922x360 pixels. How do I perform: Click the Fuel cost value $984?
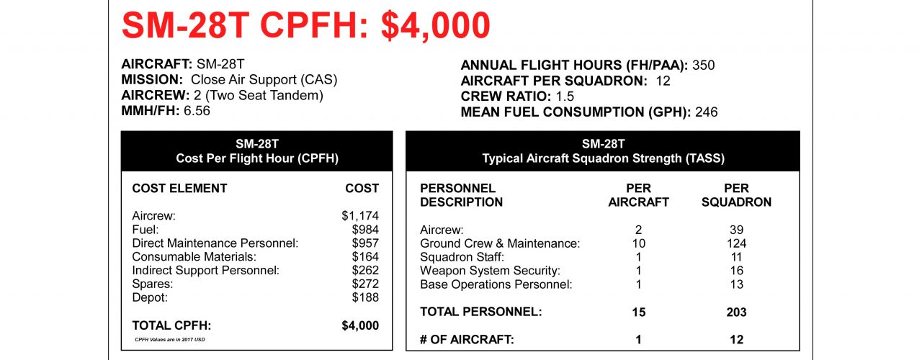tap(365, 229)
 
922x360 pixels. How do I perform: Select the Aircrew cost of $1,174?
tap(360, 215)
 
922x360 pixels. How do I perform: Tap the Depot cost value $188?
tap(365, 297)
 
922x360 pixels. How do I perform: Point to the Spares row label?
tap(152, 284)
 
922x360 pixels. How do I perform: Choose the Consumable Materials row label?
tap(194, 256)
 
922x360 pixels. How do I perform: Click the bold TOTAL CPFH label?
tap(171, 325)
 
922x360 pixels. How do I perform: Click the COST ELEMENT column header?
tap(179, 189)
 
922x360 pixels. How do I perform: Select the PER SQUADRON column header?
tap(737, 195)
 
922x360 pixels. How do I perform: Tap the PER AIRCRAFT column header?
tap(638, 195)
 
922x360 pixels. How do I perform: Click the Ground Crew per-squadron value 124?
tap(737, 243)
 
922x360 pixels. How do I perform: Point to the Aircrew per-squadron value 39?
tap(737, 230)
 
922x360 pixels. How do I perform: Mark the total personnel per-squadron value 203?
tap(737, 312)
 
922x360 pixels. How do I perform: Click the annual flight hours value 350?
tap(703, 66)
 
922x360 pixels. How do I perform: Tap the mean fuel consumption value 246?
tap(706, 112)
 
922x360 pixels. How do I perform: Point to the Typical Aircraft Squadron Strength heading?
tap(602, 158)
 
